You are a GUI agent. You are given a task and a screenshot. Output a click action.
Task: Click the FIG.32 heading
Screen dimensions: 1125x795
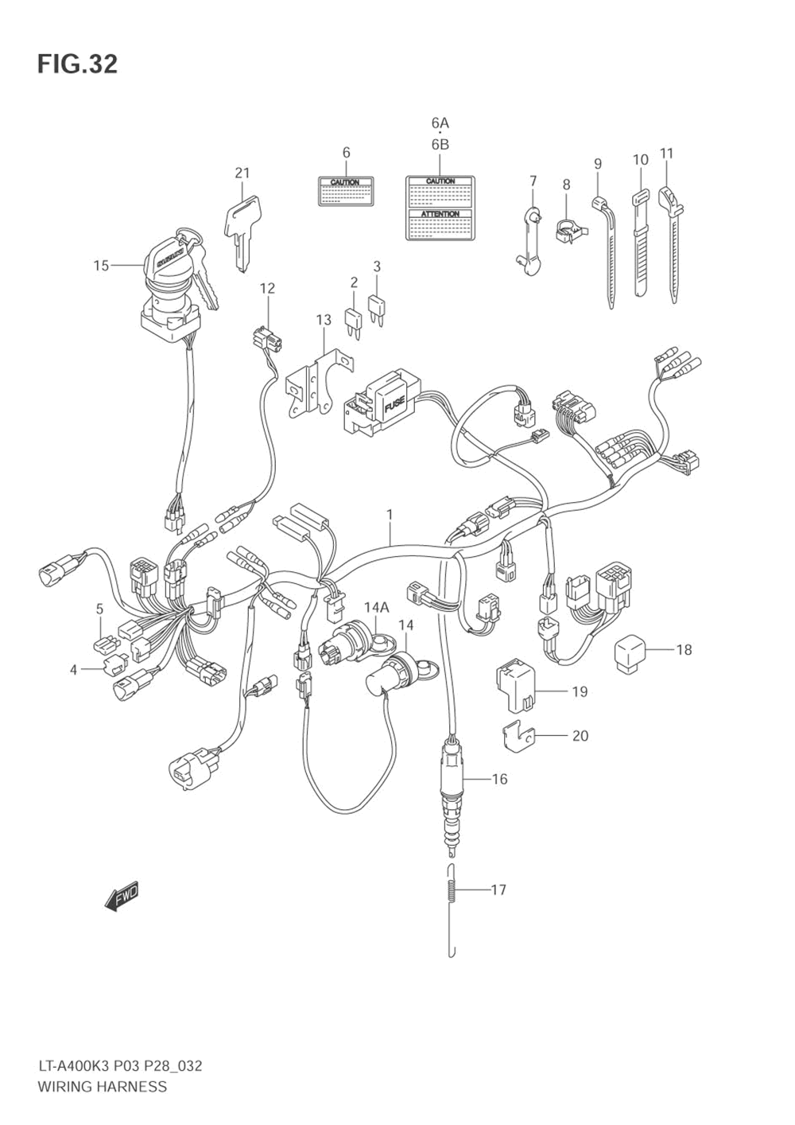77,64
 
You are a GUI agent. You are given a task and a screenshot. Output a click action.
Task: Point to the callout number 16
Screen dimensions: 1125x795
499,779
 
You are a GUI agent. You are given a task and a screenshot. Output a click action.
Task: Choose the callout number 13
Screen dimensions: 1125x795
323,320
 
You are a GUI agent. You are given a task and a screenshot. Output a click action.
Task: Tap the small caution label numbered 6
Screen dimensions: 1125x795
346,191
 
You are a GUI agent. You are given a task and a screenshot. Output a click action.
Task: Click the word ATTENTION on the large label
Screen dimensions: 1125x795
440,214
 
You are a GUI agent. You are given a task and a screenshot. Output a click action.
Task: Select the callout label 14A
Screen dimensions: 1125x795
377,608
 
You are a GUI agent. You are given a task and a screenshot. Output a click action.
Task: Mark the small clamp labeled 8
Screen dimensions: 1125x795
568,231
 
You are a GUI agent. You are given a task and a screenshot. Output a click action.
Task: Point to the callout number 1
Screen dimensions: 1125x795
390,515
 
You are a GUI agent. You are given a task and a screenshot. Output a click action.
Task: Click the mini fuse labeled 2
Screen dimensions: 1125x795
353,321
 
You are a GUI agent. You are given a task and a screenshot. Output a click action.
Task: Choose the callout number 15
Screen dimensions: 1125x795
101,265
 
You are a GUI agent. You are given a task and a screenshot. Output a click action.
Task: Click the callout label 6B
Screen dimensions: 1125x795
440,144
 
